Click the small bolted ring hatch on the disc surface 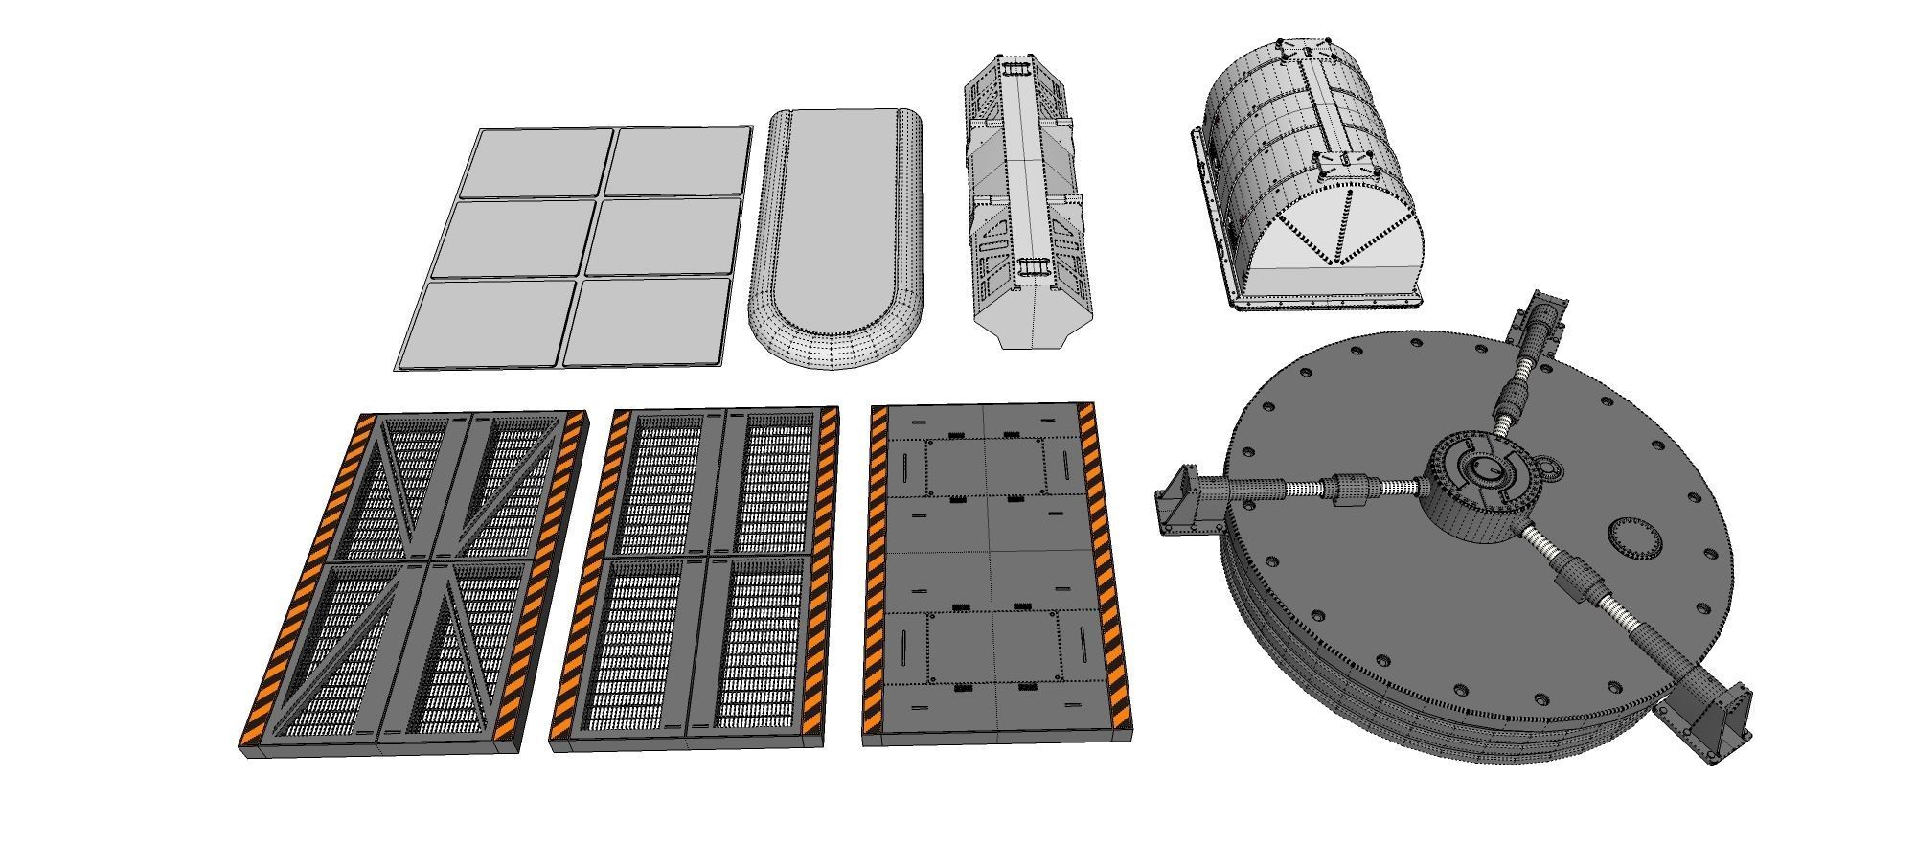[1632, 540]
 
